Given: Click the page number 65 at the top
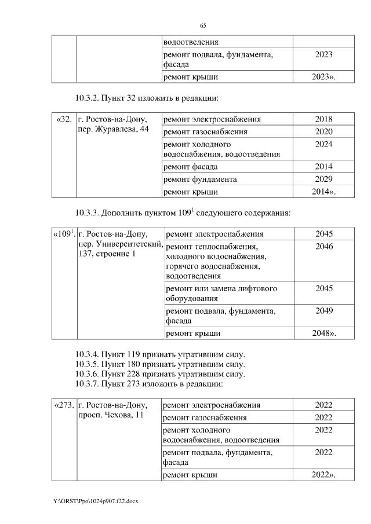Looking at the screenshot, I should [203, 25].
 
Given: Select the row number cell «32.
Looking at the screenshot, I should [64, 119].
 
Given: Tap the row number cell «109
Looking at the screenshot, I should [64, 234].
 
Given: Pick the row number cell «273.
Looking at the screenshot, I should [64, 405].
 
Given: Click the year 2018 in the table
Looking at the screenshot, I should [323, 119].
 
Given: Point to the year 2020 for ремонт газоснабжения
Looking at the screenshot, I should [323, 131].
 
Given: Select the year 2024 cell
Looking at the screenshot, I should [323, 144].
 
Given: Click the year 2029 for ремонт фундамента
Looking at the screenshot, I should [323, 179].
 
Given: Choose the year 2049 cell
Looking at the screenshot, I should [324, 311].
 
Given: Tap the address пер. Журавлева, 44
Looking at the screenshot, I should [113, 129].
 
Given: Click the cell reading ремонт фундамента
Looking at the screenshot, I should [200, 179].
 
